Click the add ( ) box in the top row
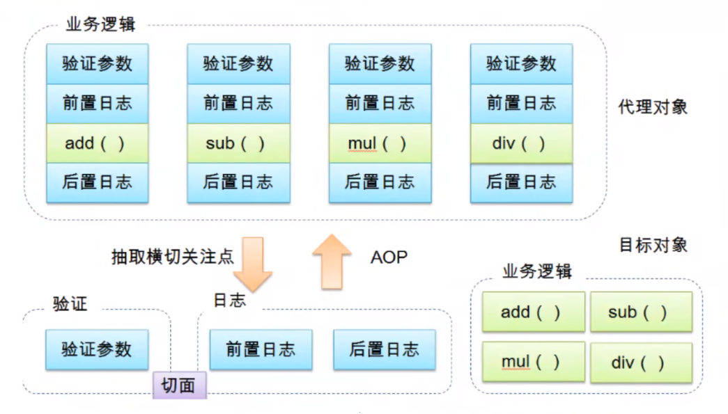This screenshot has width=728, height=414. coord(98,143)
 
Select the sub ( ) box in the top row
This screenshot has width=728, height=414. coord(238,143)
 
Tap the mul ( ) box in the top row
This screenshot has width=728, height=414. coord(380,143)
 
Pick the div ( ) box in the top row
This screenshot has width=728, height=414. coord(521,143)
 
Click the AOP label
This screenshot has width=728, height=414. coord(389,257)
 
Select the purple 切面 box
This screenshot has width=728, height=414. coord(180,385)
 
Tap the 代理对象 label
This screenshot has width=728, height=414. coord(653,106)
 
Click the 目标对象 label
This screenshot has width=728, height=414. coord(653,245)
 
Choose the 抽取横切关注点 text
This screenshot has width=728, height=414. coord(172,257)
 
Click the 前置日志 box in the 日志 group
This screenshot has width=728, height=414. coord(261,349)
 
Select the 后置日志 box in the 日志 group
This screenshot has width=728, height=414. coord(385,349)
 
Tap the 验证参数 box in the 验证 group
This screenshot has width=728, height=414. coord(97,349)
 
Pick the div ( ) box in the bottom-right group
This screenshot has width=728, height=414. coord(642,363)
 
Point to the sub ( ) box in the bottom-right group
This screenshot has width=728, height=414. coord(642,312)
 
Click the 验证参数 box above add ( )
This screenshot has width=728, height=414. coord(98,64)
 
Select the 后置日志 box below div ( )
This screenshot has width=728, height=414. coord(521,183)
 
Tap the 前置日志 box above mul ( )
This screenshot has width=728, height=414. coord(380,104)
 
